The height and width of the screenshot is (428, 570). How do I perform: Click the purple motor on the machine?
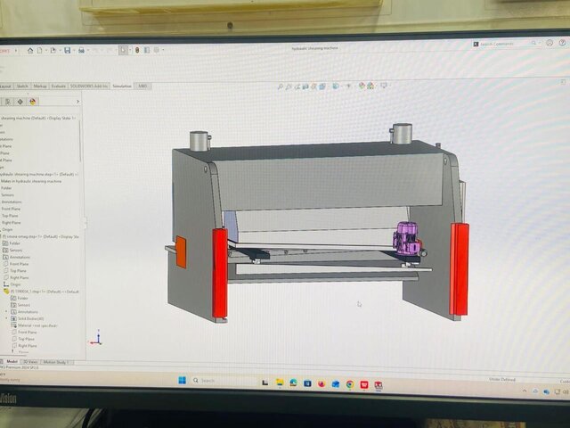tap(409, 243)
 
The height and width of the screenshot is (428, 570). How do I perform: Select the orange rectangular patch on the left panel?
tap(181, 251)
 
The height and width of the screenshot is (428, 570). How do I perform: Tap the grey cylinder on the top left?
tap(198, 141)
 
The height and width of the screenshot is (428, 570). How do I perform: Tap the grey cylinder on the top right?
tap(402, 134)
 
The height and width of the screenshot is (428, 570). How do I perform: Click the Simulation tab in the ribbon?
tap(122, 86)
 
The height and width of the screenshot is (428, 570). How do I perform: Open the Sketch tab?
tap(22, 86)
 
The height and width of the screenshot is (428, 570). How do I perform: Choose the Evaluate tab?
tap(59, 86)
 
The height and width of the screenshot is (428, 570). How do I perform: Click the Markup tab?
tap(40, 86)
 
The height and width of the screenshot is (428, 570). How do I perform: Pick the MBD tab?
tap(142, 86)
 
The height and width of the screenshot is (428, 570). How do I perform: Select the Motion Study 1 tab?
tap(56, 362)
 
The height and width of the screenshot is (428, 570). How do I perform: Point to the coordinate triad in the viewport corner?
tap(98, 338)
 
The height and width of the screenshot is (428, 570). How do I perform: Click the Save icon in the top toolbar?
tap(68, 51)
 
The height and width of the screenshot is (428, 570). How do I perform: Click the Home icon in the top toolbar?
tap(30, 51)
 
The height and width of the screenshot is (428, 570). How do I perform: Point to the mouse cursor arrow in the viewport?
tap(359, 304)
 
